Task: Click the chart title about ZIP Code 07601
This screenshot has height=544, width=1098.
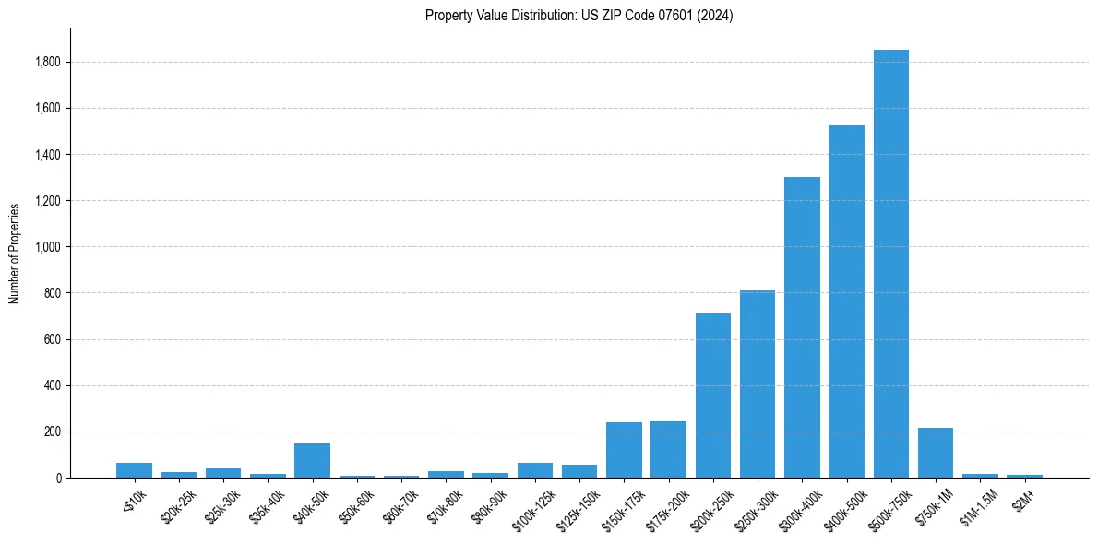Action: coord(579,16)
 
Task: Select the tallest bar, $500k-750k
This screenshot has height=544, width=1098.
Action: coord(890,264)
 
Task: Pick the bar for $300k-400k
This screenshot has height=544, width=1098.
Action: coord(802,327)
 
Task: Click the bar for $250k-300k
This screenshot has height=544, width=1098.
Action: coord(758,384)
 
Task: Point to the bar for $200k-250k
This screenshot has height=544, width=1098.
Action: coord(713,396)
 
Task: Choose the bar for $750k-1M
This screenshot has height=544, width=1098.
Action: coord(935,453)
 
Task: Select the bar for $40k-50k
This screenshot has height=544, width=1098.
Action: coord(312,460)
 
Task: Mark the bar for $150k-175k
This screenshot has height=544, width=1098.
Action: coord(624,450)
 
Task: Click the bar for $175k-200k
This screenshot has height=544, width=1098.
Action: coord(668,449)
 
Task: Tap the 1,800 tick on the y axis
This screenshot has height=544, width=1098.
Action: coord(48,63)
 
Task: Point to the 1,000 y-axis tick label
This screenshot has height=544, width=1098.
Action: coord(48,247)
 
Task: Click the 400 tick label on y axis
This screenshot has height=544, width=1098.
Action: coord(54,385)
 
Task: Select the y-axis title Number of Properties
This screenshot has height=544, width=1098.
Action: coord(15,253)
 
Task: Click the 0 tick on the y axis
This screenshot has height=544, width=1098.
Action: coord(58,478)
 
